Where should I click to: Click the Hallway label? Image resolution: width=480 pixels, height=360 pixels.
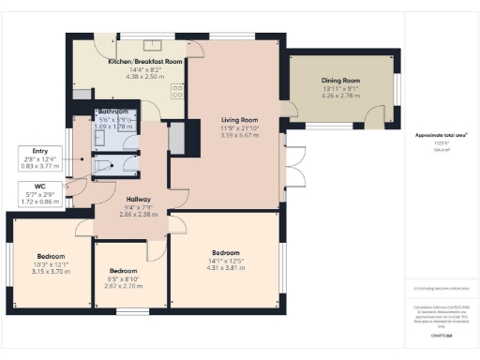tap(140, 198)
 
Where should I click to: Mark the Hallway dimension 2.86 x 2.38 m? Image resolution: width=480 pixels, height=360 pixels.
tap(140, 214)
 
